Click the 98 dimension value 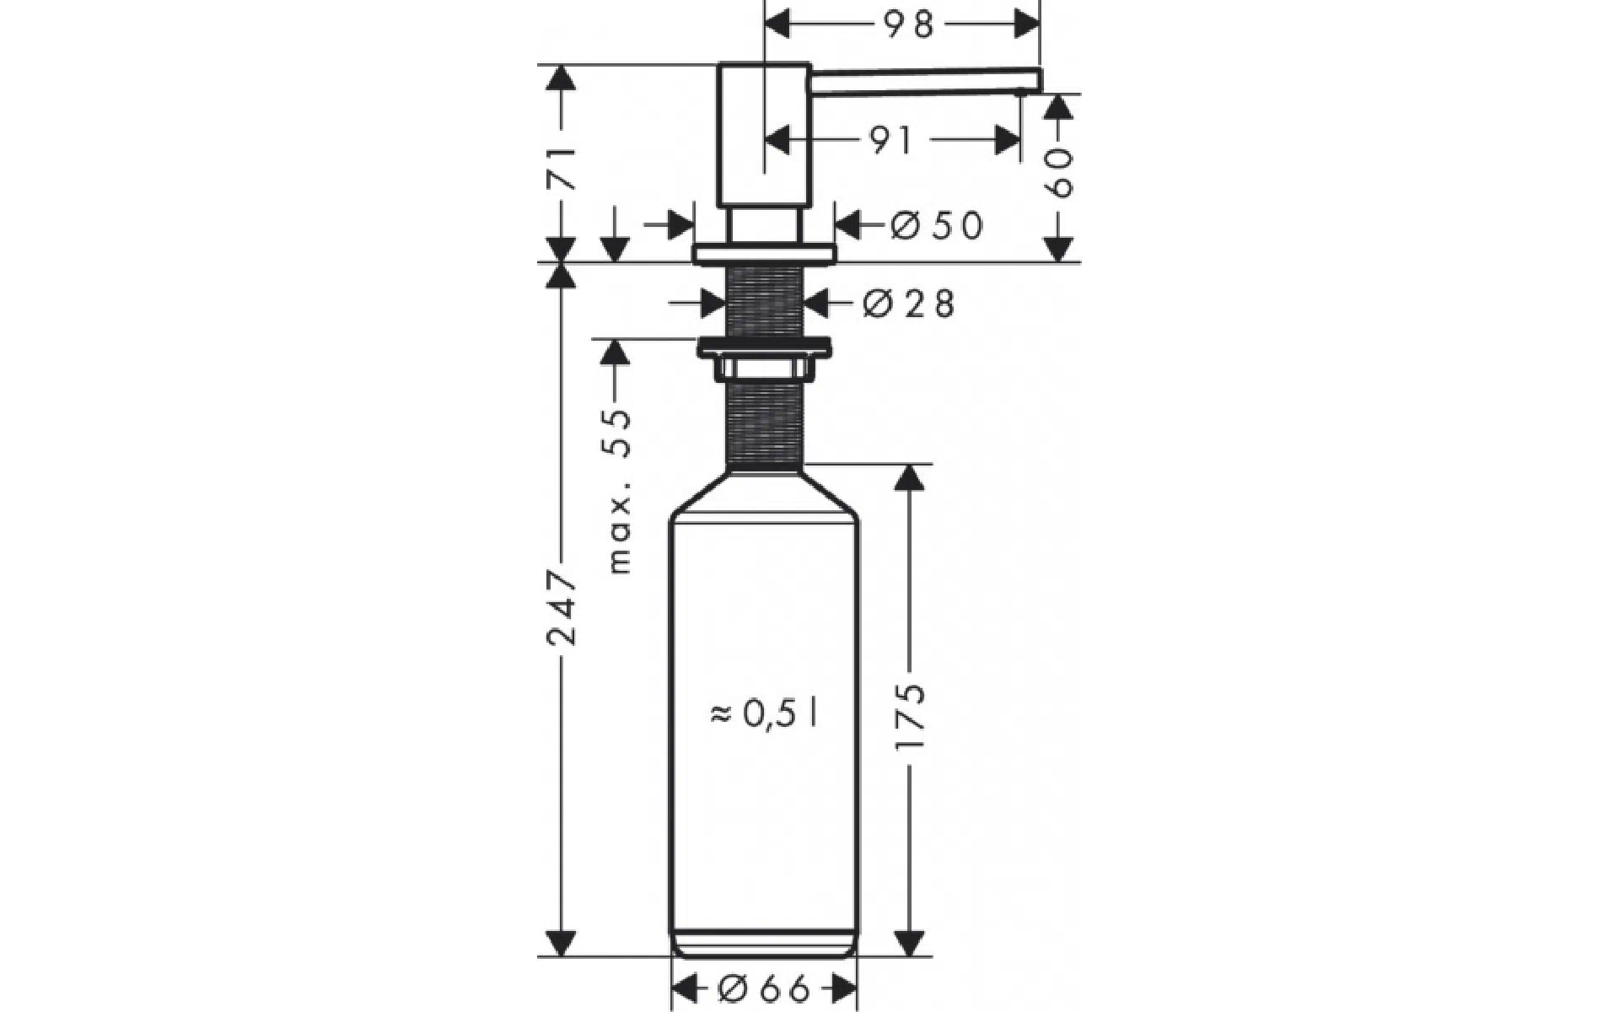coord(910,24)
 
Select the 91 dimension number coord(891,141)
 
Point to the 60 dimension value coord(1059,174)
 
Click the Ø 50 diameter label coord(937,226)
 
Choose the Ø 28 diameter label coord(909,304)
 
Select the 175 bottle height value coord(911,717)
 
